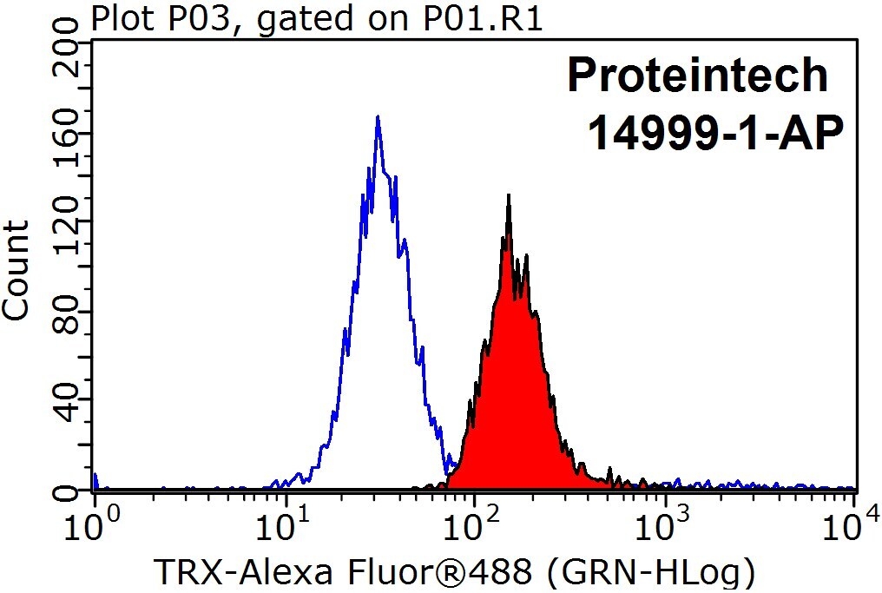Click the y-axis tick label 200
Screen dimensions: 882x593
click(65, 45)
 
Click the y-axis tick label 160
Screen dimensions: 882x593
click(65, 135)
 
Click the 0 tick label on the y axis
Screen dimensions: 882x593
click(65, 492)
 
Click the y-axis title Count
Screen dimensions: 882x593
click(16, 269)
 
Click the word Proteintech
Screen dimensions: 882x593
click(697, 75)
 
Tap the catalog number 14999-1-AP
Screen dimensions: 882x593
click(715, 133)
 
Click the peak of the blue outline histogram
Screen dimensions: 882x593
click(378, 116)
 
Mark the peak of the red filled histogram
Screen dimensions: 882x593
click(509, 195)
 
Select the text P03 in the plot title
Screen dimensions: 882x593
click(210, 18)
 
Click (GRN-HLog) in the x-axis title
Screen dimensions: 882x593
click(651, 573)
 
